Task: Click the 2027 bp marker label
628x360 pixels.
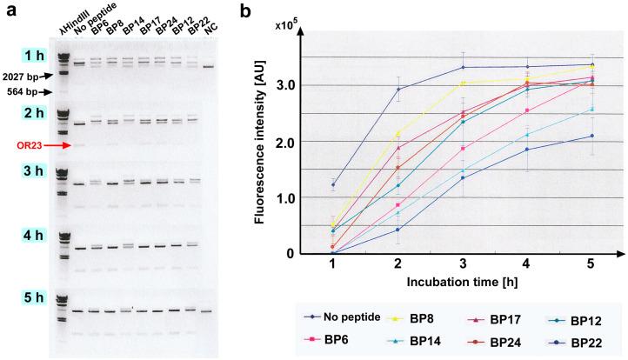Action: [18, 77]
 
